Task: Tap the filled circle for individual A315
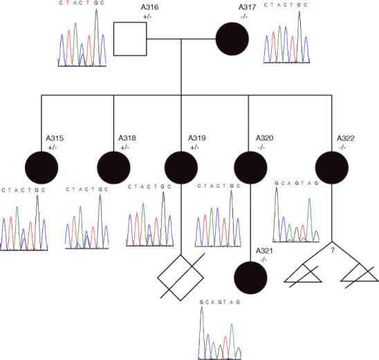[x=42, y=168]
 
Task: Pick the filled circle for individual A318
[x=115, y=168]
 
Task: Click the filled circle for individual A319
[x=182, y=168]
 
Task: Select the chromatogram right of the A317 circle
[x=288, y=43]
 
